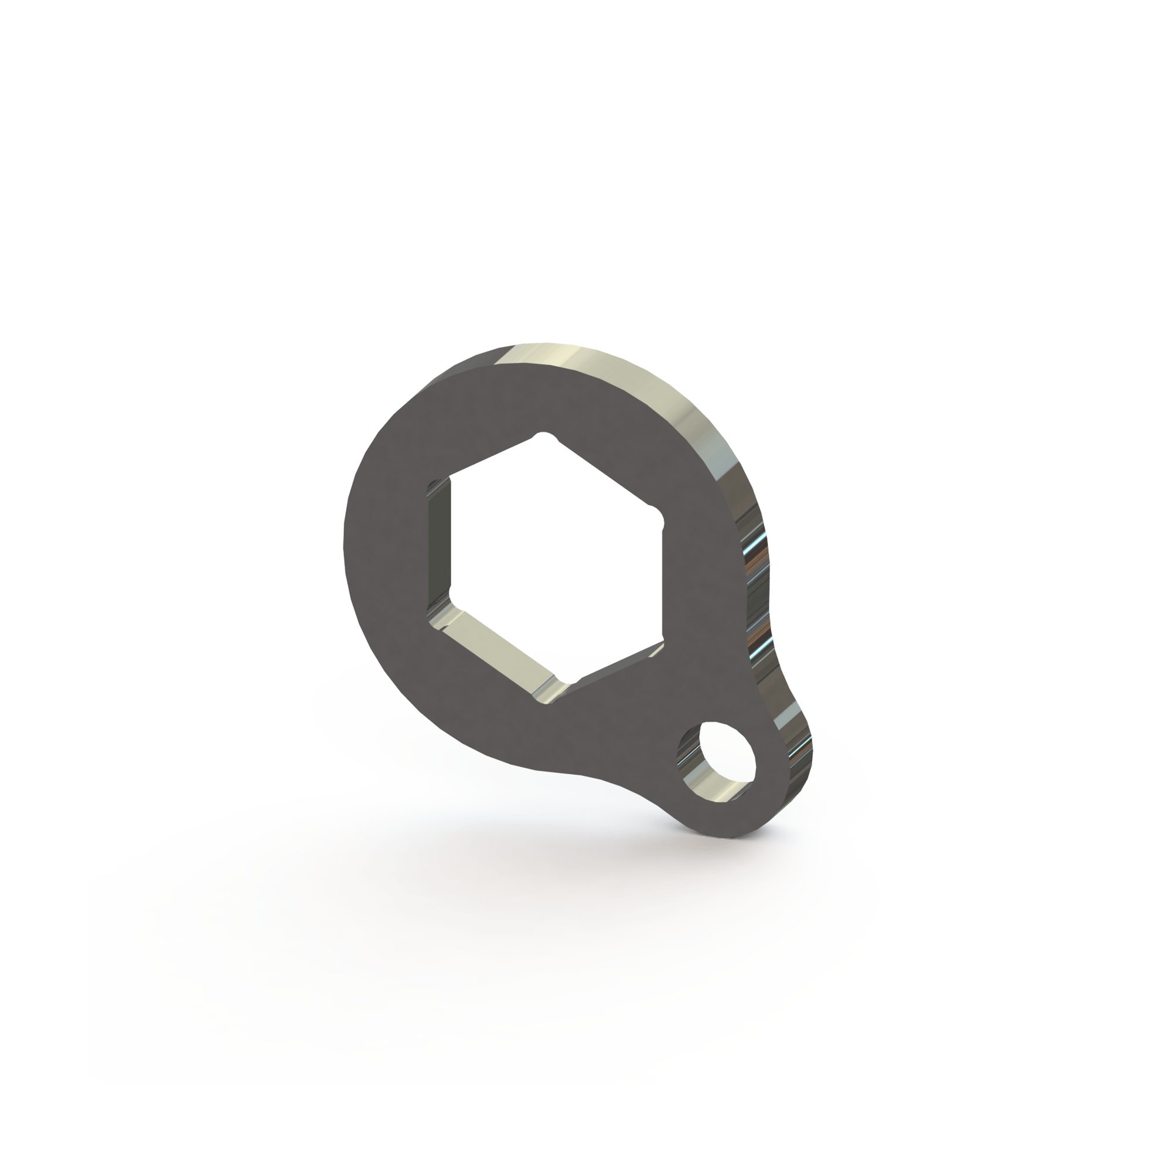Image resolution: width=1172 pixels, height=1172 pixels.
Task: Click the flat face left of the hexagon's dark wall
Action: coord(389,546)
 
